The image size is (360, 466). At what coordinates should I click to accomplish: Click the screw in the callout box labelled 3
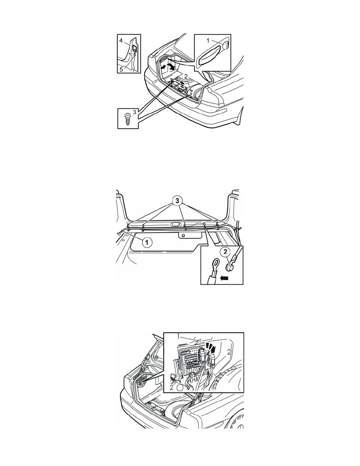(128, 119)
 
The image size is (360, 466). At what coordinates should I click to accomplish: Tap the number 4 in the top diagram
(121, 41)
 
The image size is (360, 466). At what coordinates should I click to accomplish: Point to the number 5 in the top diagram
(121, 69)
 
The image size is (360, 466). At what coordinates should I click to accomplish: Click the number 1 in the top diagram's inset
(208, 40)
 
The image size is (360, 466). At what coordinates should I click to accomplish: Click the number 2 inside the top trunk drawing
(185, 76)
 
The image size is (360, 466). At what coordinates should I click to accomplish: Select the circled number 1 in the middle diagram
(147, 242)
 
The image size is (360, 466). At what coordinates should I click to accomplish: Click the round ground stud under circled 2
(229, 267)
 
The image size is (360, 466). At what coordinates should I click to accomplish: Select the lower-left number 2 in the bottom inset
(172, 387)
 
